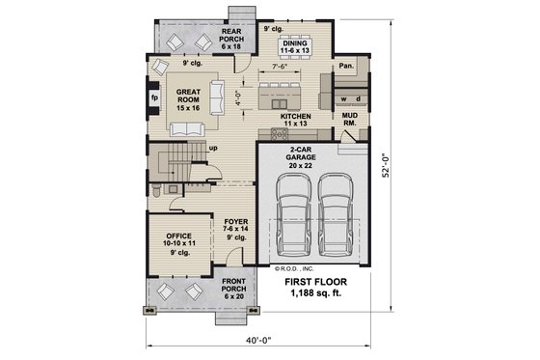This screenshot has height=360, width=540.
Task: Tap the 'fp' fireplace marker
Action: click(x=153, y=97)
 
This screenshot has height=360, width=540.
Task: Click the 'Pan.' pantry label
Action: click(x=345, y=68)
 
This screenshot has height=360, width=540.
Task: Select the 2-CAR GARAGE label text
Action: click(x=307, y=158)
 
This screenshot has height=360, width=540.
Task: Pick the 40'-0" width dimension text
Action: click(x=260, y=338)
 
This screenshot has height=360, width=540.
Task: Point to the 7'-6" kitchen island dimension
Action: click(x=282, y=68)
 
